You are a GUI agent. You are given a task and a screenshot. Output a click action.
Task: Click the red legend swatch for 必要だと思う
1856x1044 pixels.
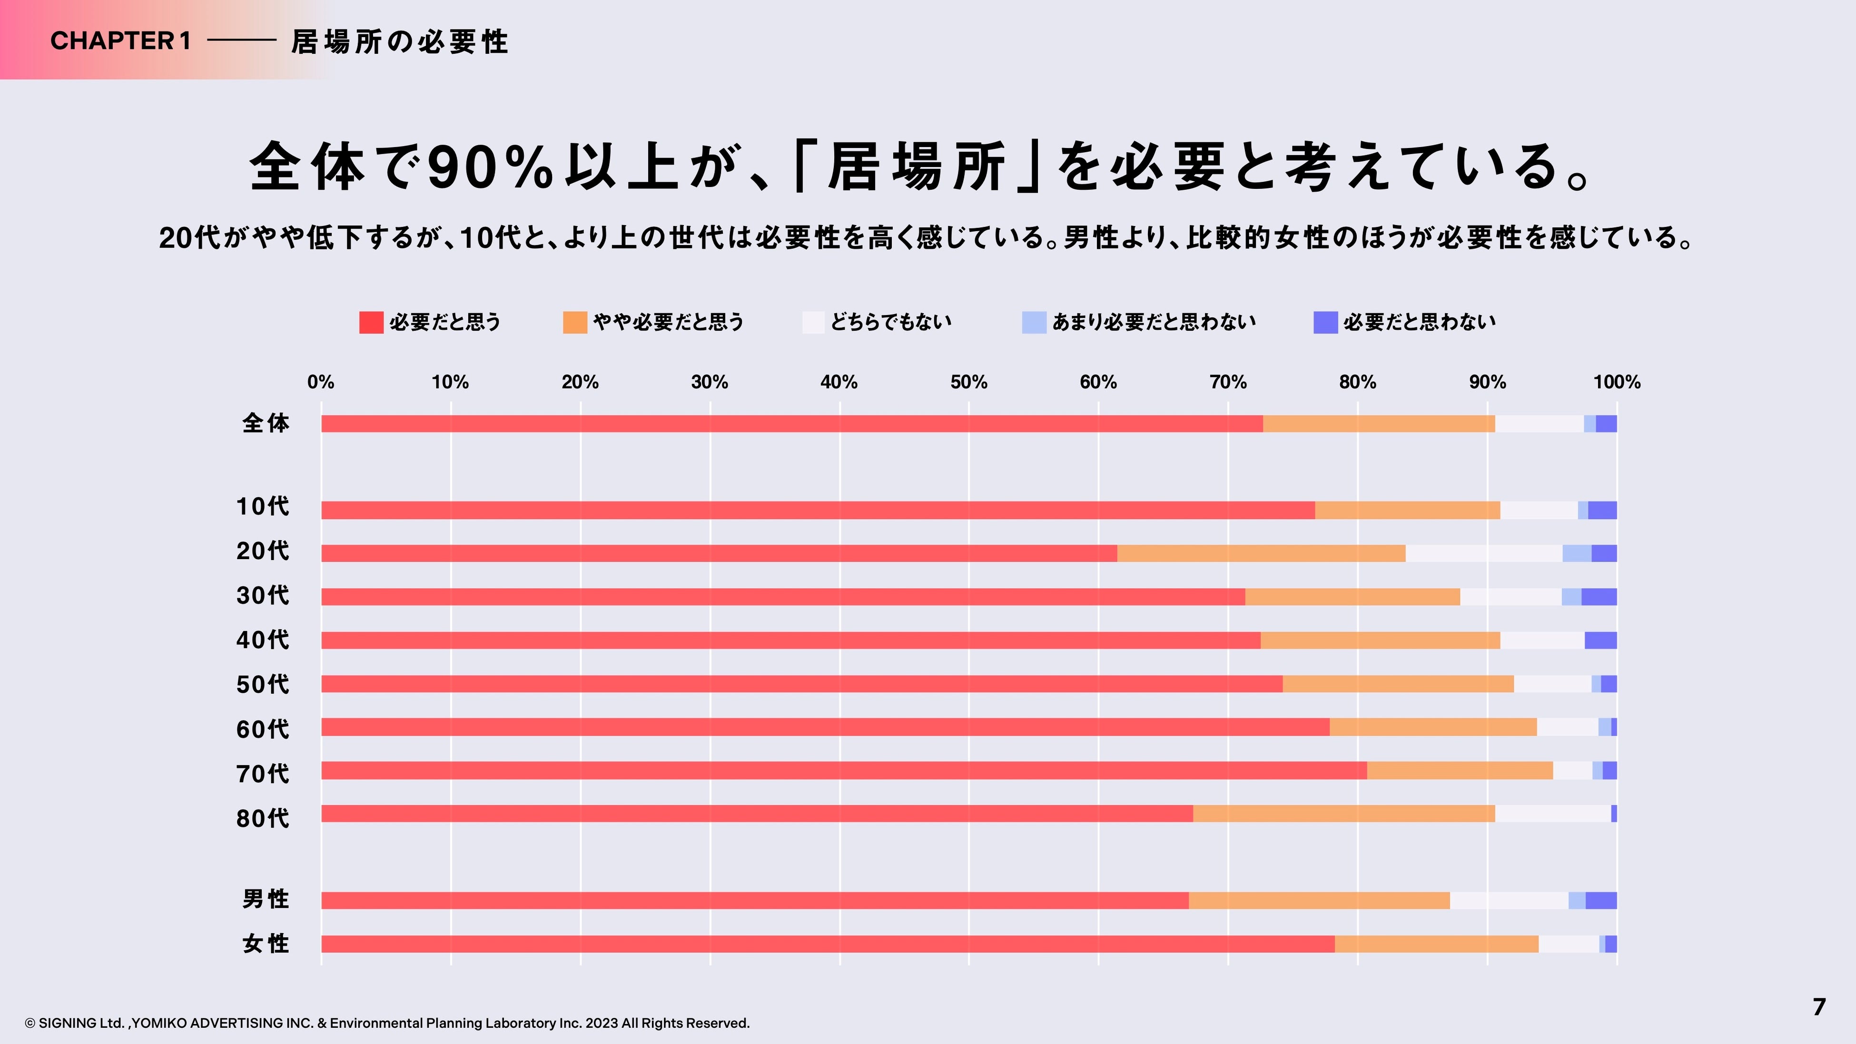click(x=371, y=322)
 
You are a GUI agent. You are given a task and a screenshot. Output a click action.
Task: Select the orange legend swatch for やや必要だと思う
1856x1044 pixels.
click(x=575, y=322)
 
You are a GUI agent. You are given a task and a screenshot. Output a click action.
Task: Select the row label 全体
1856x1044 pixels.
click(x=266, y=423)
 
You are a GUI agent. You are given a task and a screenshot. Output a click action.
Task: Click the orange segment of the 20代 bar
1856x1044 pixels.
click(x=1261, y=553)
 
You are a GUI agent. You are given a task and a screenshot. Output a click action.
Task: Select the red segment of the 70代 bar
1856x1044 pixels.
click(x=843, y=770)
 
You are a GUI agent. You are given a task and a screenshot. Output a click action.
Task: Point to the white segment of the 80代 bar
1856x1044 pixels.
click(x=1553, y=813)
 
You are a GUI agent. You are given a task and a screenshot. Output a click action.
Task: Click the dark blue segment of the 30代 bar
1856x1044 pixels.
click(x=1599, y=597)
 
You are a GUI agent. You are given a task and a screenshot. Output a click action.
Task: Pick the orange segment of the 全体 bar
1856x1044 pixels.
click(x=1378, y=424)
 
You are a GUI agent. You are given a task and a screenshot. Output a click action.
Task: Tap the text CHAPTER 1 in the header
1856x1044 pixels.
click(x=120, y=41)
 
